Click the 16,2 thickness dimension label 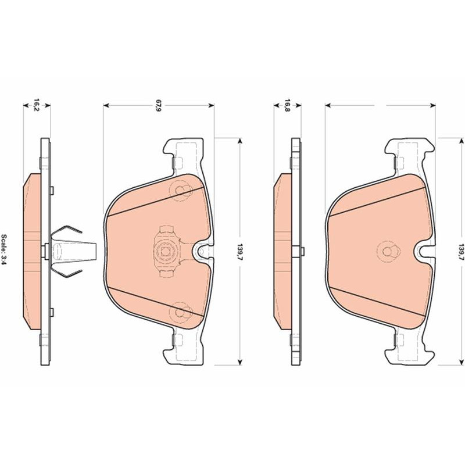tap(36, 105)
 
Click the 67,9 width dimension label tap(159, 106)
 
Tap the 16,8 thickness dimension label tap(287, 105)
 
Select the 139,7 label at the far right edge tap(461, 252)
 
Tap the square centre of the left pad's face tap(164, 252)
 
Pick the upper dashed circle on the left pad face tap(181, 191)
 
